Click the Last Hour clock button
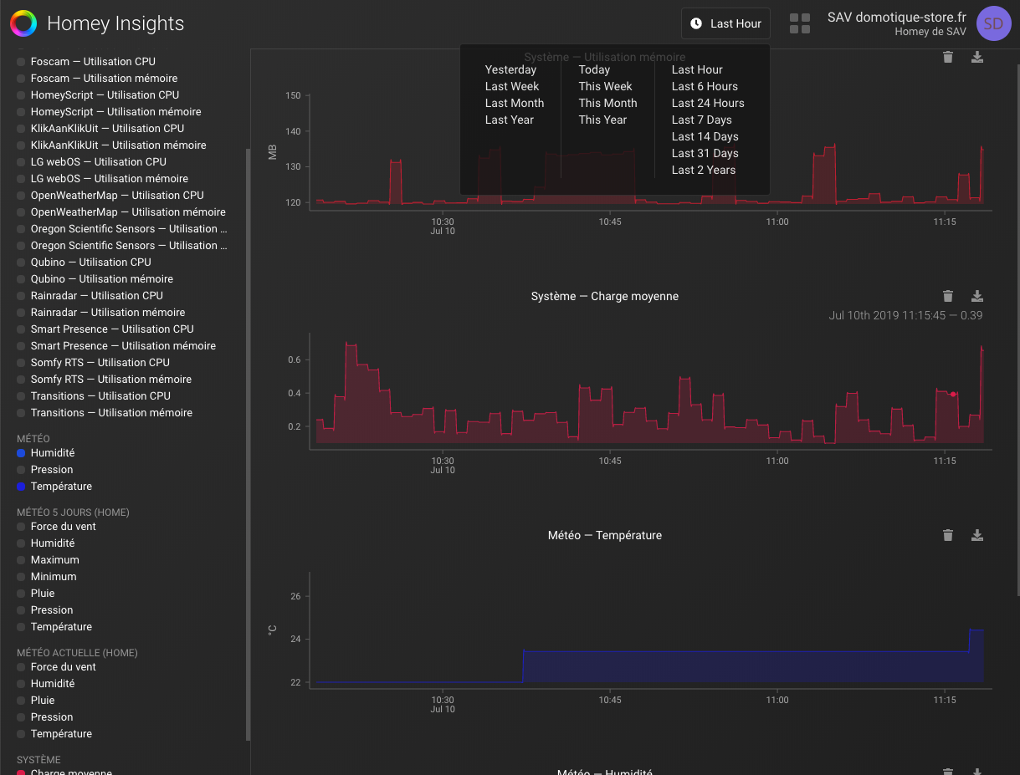click(x=725, y=23)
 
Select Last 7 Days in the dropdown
click(x=701, y=120)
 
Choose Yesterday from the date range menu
click(x=510, y=69)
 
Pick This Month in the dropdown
click(x=607, y=103)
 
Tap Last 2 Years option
click(x=703, y=170)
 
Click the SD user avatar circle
click(x=993, y=23)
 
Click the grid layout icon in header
click(x=800, y=23)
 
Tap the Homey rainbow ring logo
click(x=23, y=23)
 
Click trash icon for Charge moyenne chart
click(x=947, y=296)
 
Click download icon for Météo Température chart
click(x=976, y=535)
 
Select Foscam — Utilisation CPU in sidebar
click(x=93, y=61)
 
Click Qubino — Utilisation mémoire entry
click(x=102, y=278)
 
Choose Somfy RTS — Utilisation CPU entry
click(x=100, y=362)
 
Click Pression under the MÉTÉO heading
click(x=52, y=469)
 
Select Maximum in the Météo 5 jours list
click(x=54, y=559)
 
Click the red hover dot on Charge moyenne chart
click(x=952, y=394)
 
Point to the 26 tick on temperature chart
click(x=295, y=596)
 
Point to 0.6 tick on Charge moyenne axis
click(x=294, y=359)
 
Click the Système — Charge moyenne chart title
click(x=604, y=296)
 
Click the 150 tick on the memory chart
click(x=293, y=95)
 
